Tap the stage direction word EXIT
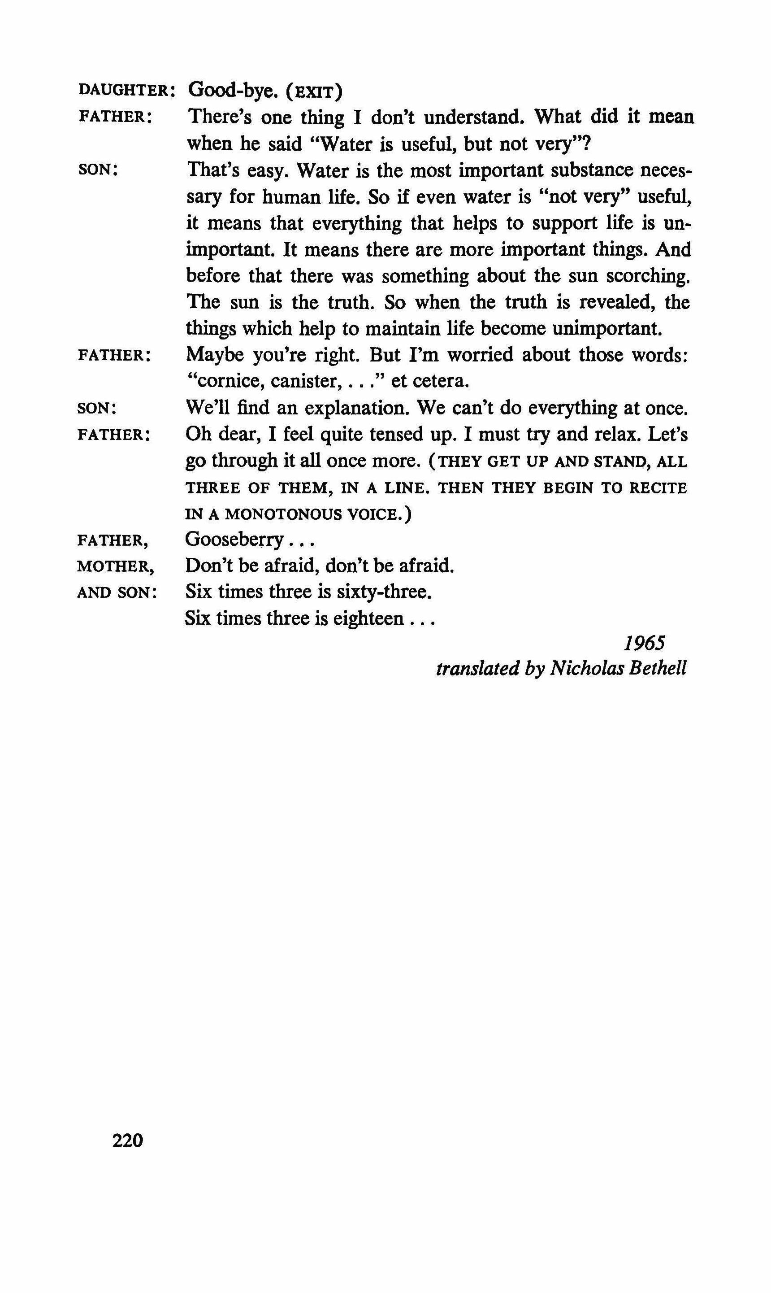314,92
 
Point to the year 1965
644,644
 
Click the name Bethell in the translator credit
657,669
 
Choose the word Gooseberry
234,540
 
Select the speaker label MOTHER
115,566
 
